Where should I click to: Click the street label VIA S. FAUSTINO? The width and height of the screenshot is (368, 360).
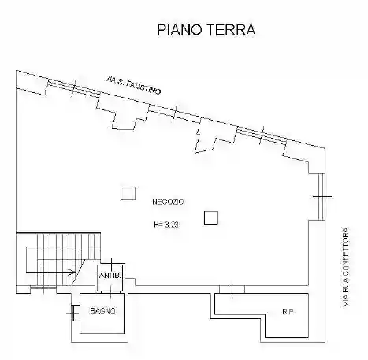tap(134, 86)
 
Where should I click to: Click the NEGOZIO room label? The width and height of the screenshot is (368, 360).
tap(167, 202)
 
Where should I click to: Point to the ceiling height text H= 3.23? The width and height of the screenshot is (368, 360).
tap(167, 225)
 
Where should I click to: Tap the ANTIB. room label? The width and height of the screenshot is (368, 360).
tap(110, 275)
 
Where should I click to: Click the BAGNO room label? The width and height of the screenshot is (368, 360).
tap(102, 312)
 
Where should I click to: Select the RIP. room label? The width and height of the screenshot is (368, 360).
tap(288, 312)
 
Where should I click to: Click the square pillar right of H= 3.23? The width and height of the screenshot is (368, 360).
tap(210, 218)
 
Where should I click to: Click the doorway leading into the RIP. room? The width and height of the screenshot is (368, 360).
tap(234, 288)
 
